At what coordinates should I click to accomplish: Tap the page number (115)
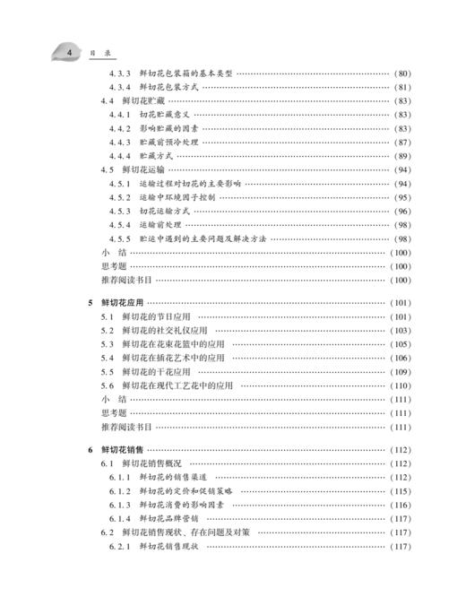pos(401,491)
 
